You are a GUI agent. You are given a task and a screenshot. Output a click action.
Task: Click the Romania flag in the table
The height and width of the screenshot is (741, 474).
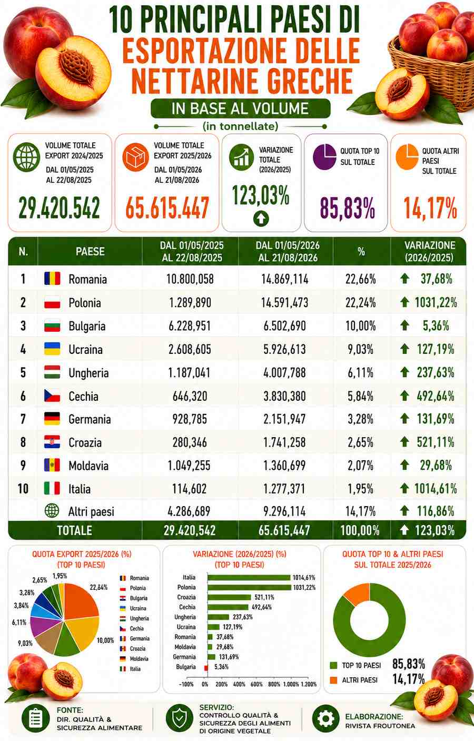coord(52,279)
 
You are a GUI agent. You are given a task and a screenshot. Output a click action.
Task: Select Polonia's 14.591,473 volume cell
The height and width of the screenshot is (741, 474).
coord(284,302)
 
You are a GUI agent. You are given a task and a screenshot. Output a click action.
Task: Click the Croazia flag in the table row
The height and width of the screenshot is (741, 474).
coord(52,442)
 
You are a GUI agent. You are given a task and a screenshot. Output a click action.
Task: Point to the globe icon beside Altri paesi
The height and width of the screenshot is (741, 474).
coord(52,511)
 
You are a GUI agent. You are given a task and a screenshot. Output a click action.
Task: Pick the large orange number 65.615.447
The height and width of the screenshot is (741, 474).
coord(167,208)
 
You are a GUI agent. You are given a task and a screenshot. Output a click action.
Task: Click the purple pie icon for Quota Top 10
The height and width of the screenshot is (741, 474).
coord(324,157)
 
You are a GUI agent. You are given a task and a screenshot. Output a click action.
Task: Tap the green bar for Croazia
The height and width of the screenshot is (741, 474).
coord(229,597)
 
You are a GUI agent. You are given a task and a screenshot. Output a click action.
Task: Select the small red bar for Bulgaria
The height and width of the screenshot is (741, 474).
coord(206,667)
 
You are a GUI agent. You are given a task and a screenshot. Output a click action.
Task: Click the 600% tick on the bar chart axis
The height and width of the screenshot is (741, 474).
coord(256,684)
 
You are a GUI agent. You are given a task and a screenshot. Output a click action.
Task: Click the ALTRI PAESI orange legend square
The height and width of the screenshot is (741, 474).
coord(333,680)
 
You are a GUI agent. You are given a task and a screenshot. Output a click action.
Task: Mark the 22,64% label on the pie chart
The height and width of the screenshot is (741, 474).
coord(98,587)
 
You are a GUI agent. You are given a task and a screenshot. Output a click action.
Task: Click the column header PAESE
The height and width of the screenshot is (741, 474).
coord(90,251)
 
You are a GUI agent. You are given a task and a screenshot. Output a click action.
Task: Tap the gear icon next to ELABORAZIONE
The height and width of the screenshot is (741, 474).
coord(326,719)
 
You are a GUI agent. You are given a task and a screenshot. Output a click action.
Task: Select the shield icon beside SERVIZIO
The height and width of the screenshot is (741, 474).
coord(179,718)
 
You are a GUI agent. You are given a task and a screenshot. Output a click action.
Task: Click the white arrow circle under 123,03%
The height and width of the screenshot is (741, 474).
coord(261,219)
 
